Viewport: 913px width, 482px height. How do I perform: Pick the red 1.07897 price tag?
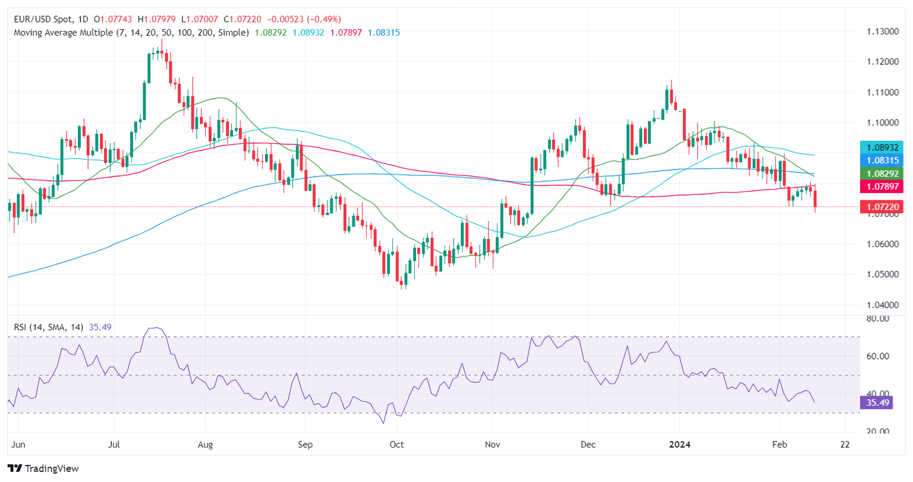(881, 187)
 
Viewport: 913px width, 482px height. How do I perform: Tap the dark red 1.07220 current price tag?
(881, 207)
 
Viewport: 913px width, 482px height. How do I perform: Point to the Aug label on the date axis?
(205, 445)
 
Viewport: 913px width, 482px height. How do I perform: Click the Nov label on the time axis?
(492, 445)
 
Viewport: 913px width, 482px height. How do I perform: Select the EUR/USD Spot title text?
(45, 20)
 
